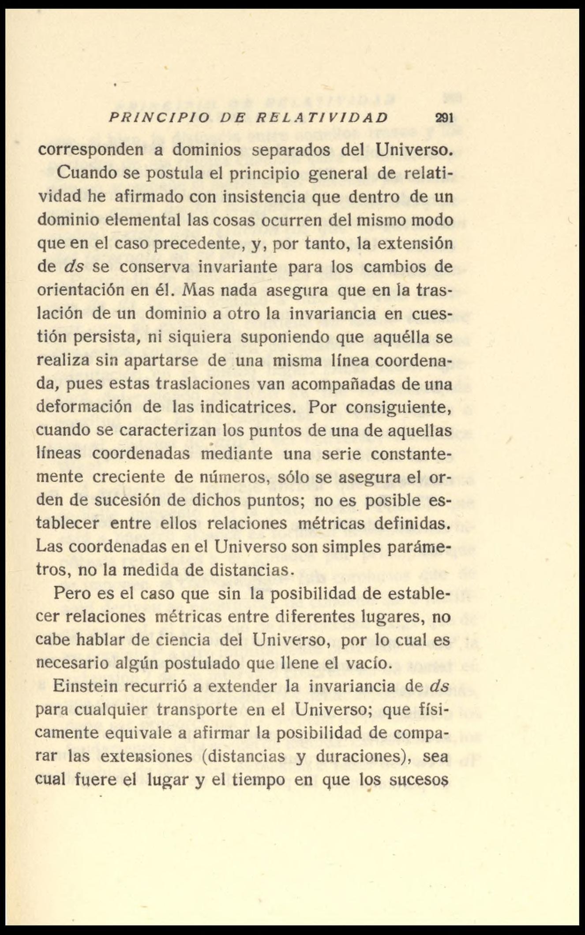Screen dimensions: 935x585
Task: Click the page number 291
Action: click(444, 118)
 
